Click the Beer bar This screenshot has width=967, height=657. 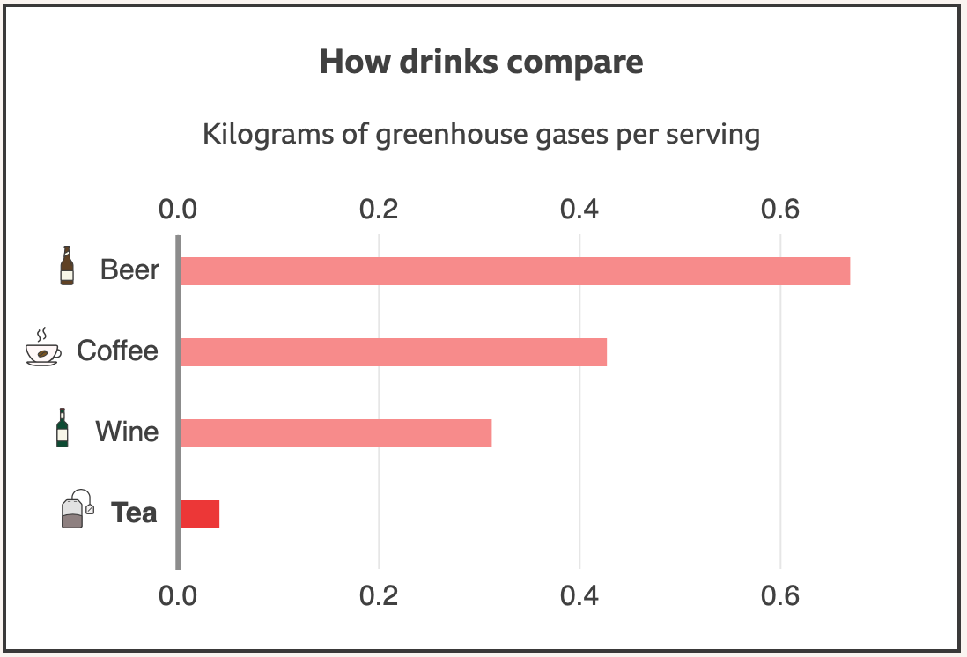[515, 271]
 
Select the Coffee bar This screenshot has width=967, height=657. [394, 352]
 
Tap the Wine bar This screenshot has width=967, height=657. [336, 433]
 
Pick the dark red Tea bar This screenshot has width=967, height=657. [200, 514]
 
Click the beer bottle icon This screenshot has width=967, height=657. [67, 266]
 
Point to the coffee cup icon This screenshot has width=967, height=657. [43, 347]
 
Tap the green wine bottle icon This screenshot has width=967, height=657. [63, 427]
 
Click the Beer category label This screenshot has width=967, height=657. [129, 270]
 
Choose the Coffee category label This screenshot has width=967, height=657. [118, 351]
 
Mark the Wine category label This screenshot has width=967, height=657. [127, 432]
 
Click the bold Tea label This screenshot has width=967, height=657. [134, 513]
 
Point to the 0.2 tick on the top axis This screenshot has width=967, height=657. [379, 210]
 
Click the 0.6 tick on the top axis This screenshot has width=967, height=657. [780, 210]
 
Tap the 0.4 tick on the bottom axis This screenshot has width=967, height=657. [579, 596]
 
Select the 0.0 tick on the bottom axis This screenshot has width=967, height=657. [178, 596]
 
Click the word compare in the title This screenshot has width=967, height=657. [575, 63]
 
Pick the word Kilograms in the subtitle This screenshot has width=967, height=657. [269, 135]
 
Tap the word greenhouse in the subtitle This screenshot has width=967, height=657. [452, 135]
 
